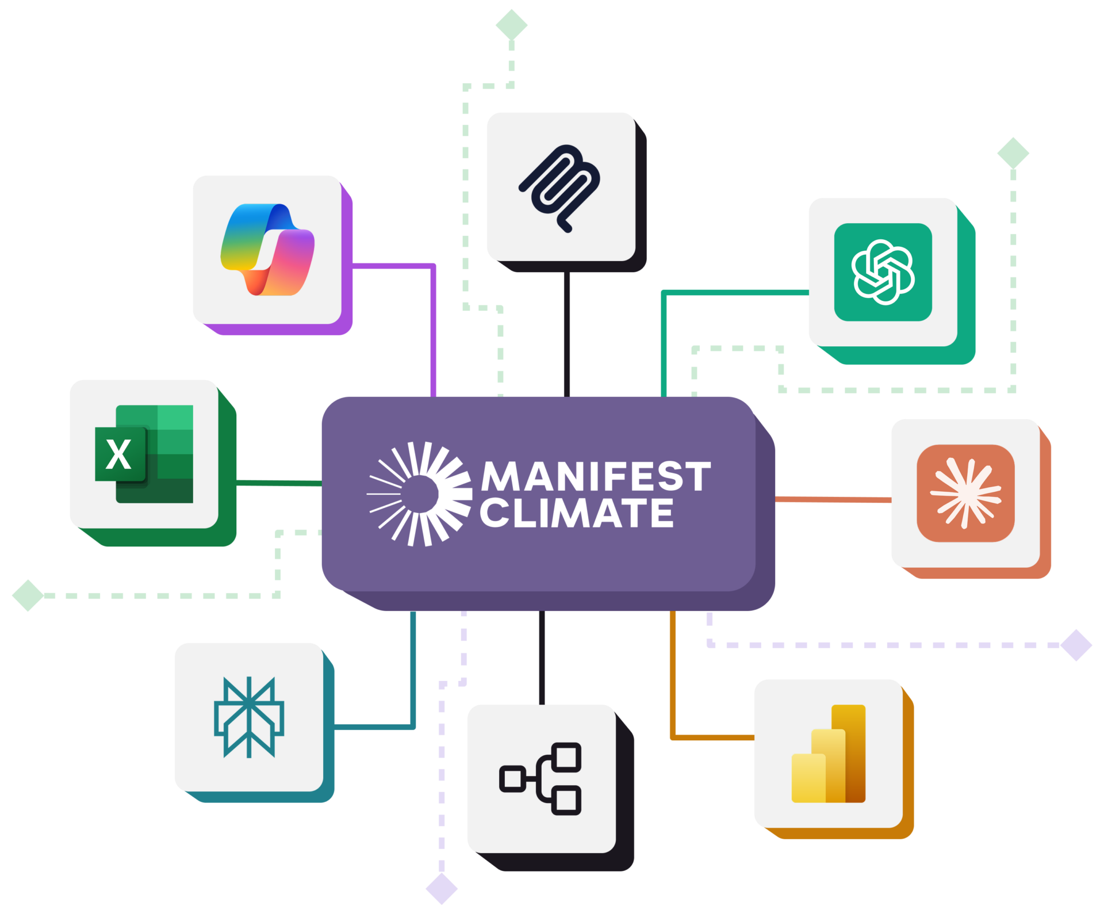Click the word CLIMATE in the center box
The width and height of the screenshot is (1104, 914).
tap(577, 513)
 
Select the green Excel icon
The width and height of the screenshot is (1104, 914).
tap(144, 454)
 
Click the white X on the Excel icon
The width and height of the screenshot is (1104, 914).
tap(118, 454)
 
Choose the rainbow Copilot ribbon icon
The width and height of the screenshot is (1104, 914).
tap(267, 250)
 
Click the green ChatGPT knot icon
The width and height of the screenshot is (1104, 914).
tap(883, 272)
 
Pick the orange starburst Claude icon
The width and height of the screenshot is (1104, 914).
tap(965, 493)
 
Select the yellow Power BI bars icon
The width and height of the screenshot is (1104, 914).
tap(829, 754)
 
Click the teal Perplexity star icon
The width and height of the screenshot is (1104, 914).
tap(249, 717)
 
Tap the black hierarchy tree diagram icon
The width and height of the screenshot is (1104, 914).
tap(541, 779)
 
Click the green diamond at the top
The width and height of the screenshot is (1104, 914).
tap(511, 25)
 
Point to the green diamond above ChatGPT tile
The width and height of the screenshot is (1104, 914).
tap(1013, 153)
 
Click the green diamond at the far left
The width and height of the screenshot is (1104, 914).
tap(28, 595)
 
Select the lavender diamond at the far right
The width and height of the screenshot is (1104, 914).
tap(1076, 645)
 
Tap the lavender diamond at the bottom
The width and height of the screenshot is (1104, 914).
tap(442, 889)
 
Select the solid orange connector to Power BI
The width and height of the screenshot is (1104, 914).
tap(673, 690)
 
